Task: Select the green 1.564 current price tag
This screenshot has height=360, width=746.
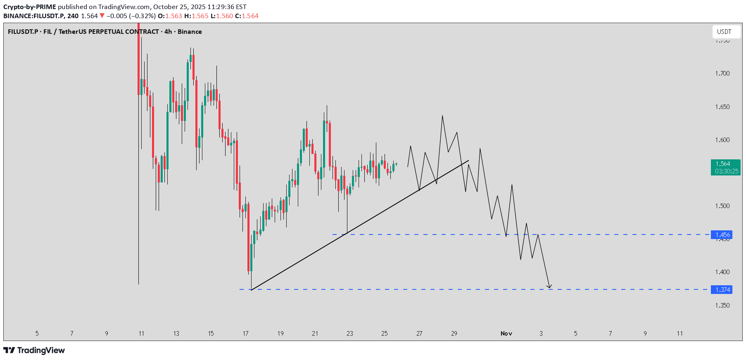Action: (x=725, y=167)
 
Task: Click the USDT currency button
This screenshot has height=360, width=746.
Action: (x=724, y=32)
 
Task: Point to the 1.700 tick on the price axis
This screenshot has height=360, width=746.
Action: (x=722, y=73)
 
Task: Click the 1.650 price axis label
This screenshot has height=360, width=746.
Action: (x=722, y=107)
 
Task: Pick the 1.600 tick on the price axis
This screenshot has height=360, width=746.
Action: (x=722, y=140)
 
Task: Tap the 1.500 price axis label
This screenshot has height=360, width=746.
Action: (x=722, y=206)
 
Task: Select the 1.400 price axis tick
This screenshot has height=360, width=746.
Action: (x=722, y=272)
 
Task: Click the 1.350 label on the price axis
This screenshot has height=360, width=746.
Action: (x=722, y=306)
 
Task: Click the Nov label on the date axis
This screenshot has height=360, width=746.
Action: (x=506, y=334)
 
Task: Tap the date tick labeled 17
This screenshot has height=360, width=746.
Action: (x=246, y=334)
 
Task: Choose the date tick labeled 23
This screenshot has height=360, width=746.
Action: (x=350, y=334)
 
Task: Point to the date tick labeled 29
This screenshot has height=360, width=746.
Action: (x=454, y=334)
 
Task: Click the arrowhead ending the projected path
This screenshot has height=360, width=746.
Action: (x=549, y=287)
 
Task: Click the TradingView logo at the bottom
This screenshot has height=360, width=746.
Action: (x=34, y=351)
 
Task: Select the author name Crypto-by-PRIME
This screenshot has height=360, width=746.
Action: (x=30, y=7)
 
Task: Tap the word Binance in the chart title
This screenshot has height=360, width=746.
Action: (x=190, y=32)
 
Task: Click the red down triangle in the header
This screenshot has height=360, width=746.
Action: (x=102, y=16)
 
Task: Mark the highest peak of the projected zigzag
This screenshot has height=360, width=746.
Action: (x=442, y=116)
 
